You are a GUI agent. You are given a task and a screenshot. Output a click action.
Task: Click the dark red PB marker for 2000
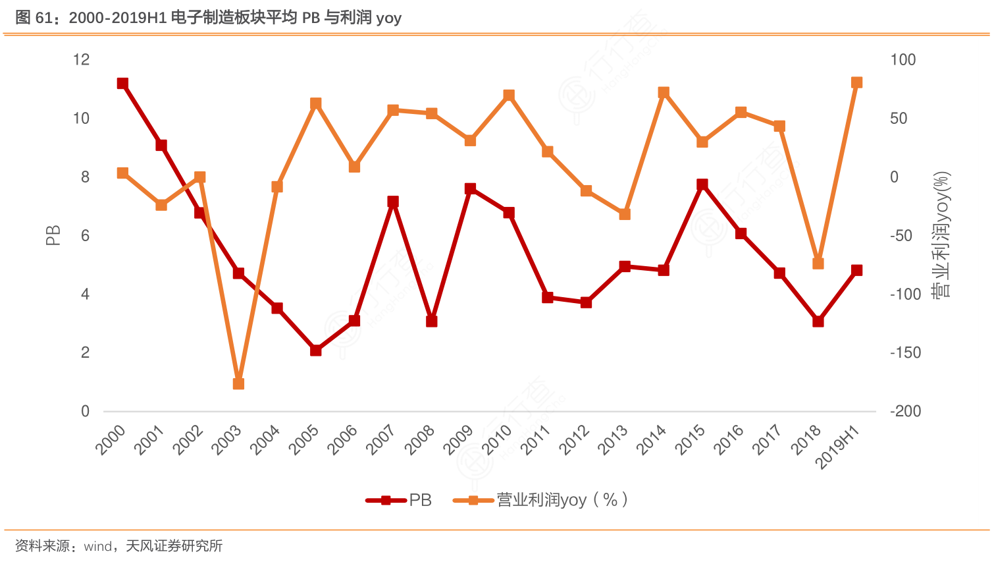(122, 83)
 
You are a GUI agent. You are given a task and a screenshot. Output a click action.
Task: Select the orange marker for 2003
(238, 383)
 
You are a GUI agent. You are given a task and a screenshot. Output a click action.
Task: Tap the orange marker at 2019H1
(856, 82)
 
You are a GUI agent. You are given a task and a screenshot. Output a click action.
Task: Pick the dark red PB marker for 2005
(315, 350)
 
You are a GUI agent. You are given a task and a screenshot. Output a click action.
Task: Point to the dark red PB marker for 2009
(470, 188)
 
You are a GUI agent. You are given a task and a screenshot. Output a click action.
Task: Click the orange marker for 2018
(818, 263)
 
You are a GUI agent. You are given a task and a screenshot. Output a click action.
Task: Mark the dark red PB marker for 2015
(702, 184)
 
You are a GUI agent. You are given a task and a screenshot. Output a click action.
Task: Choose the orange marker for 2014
(664, 92)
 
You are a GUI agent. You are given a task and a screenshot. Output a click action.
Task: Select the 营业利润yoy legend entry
(540, 500)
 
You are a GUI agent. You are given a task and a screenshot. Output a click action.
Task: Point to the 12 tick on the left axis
(81, 60)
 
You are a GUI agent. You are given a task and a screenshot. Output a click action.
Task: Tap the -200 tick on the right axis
(905, 411)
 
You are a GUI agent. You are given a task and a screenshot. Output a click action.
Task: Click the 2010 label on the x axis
(497, 439)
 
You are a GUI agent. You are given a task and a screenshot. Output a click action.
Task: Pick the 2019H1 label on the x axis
(837, 446)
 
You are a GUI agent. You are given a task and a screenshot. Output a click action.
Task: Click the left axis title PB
(53, 235)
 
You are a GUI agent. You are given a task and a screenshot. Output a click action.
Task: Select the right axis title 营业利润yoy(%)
(942, 235)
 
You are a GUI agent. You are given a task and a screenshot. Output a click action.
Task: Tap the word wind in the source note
(98, 546)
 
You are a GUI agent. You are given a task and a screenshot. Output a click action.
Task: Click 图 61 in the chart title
(33, 18)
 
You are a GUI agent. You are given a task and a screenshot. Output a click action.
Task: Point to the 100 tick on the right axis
(902, 60)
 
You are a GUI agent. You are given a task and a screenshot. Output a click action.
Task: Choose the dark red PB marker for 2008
(431, 321)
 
